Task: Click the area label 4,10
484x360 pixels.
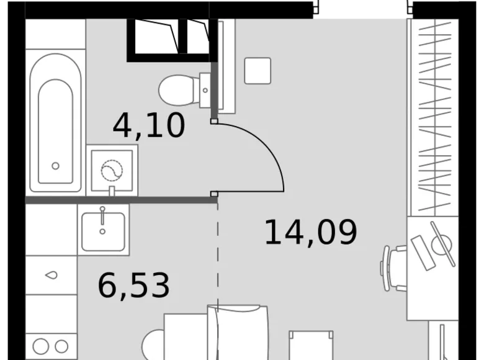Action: point(149,126)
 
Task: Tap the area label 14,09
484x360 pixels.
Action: point(311,232)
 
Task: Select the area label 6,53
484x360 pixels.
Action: point(133,285)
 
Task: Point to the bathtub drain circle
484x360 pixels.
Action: point(55,166)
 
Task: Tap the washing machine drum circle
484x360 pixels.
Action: point(112,169)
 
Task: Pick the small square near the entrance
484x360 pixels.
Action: point(258,70)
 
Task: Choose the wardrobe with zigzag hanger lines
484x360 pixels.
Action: point(433,118)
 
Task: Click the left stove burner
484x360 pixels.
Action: point(41,346)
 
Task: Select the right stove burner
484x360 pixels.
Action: point(61,346)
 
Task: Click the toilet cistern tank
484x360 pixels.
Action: point(206,91)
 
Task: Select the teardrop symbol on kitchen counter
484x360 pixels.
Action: point(51,275)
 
